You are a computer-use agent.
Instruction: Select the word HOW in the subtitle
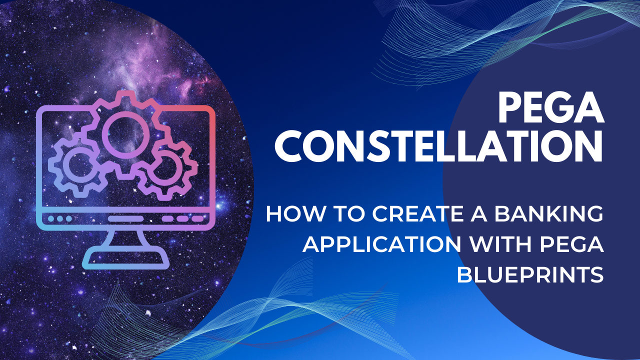[x=286, y=215]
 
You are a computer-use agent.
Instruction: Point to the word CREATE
[x=404, y=215]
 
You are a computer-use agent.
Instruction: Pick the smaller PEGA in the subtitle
[x=576, y=245]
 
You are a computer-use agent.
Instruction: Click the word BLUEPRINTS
[x=530, y=275]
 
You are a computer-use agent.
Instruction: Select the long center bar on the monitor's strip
[x=125, y=218]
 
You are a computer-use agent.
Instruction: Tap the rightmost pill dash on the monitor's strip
[x=198, y=218]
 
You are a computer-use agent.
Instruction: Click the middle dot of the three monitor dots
[x=60, y=218]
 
